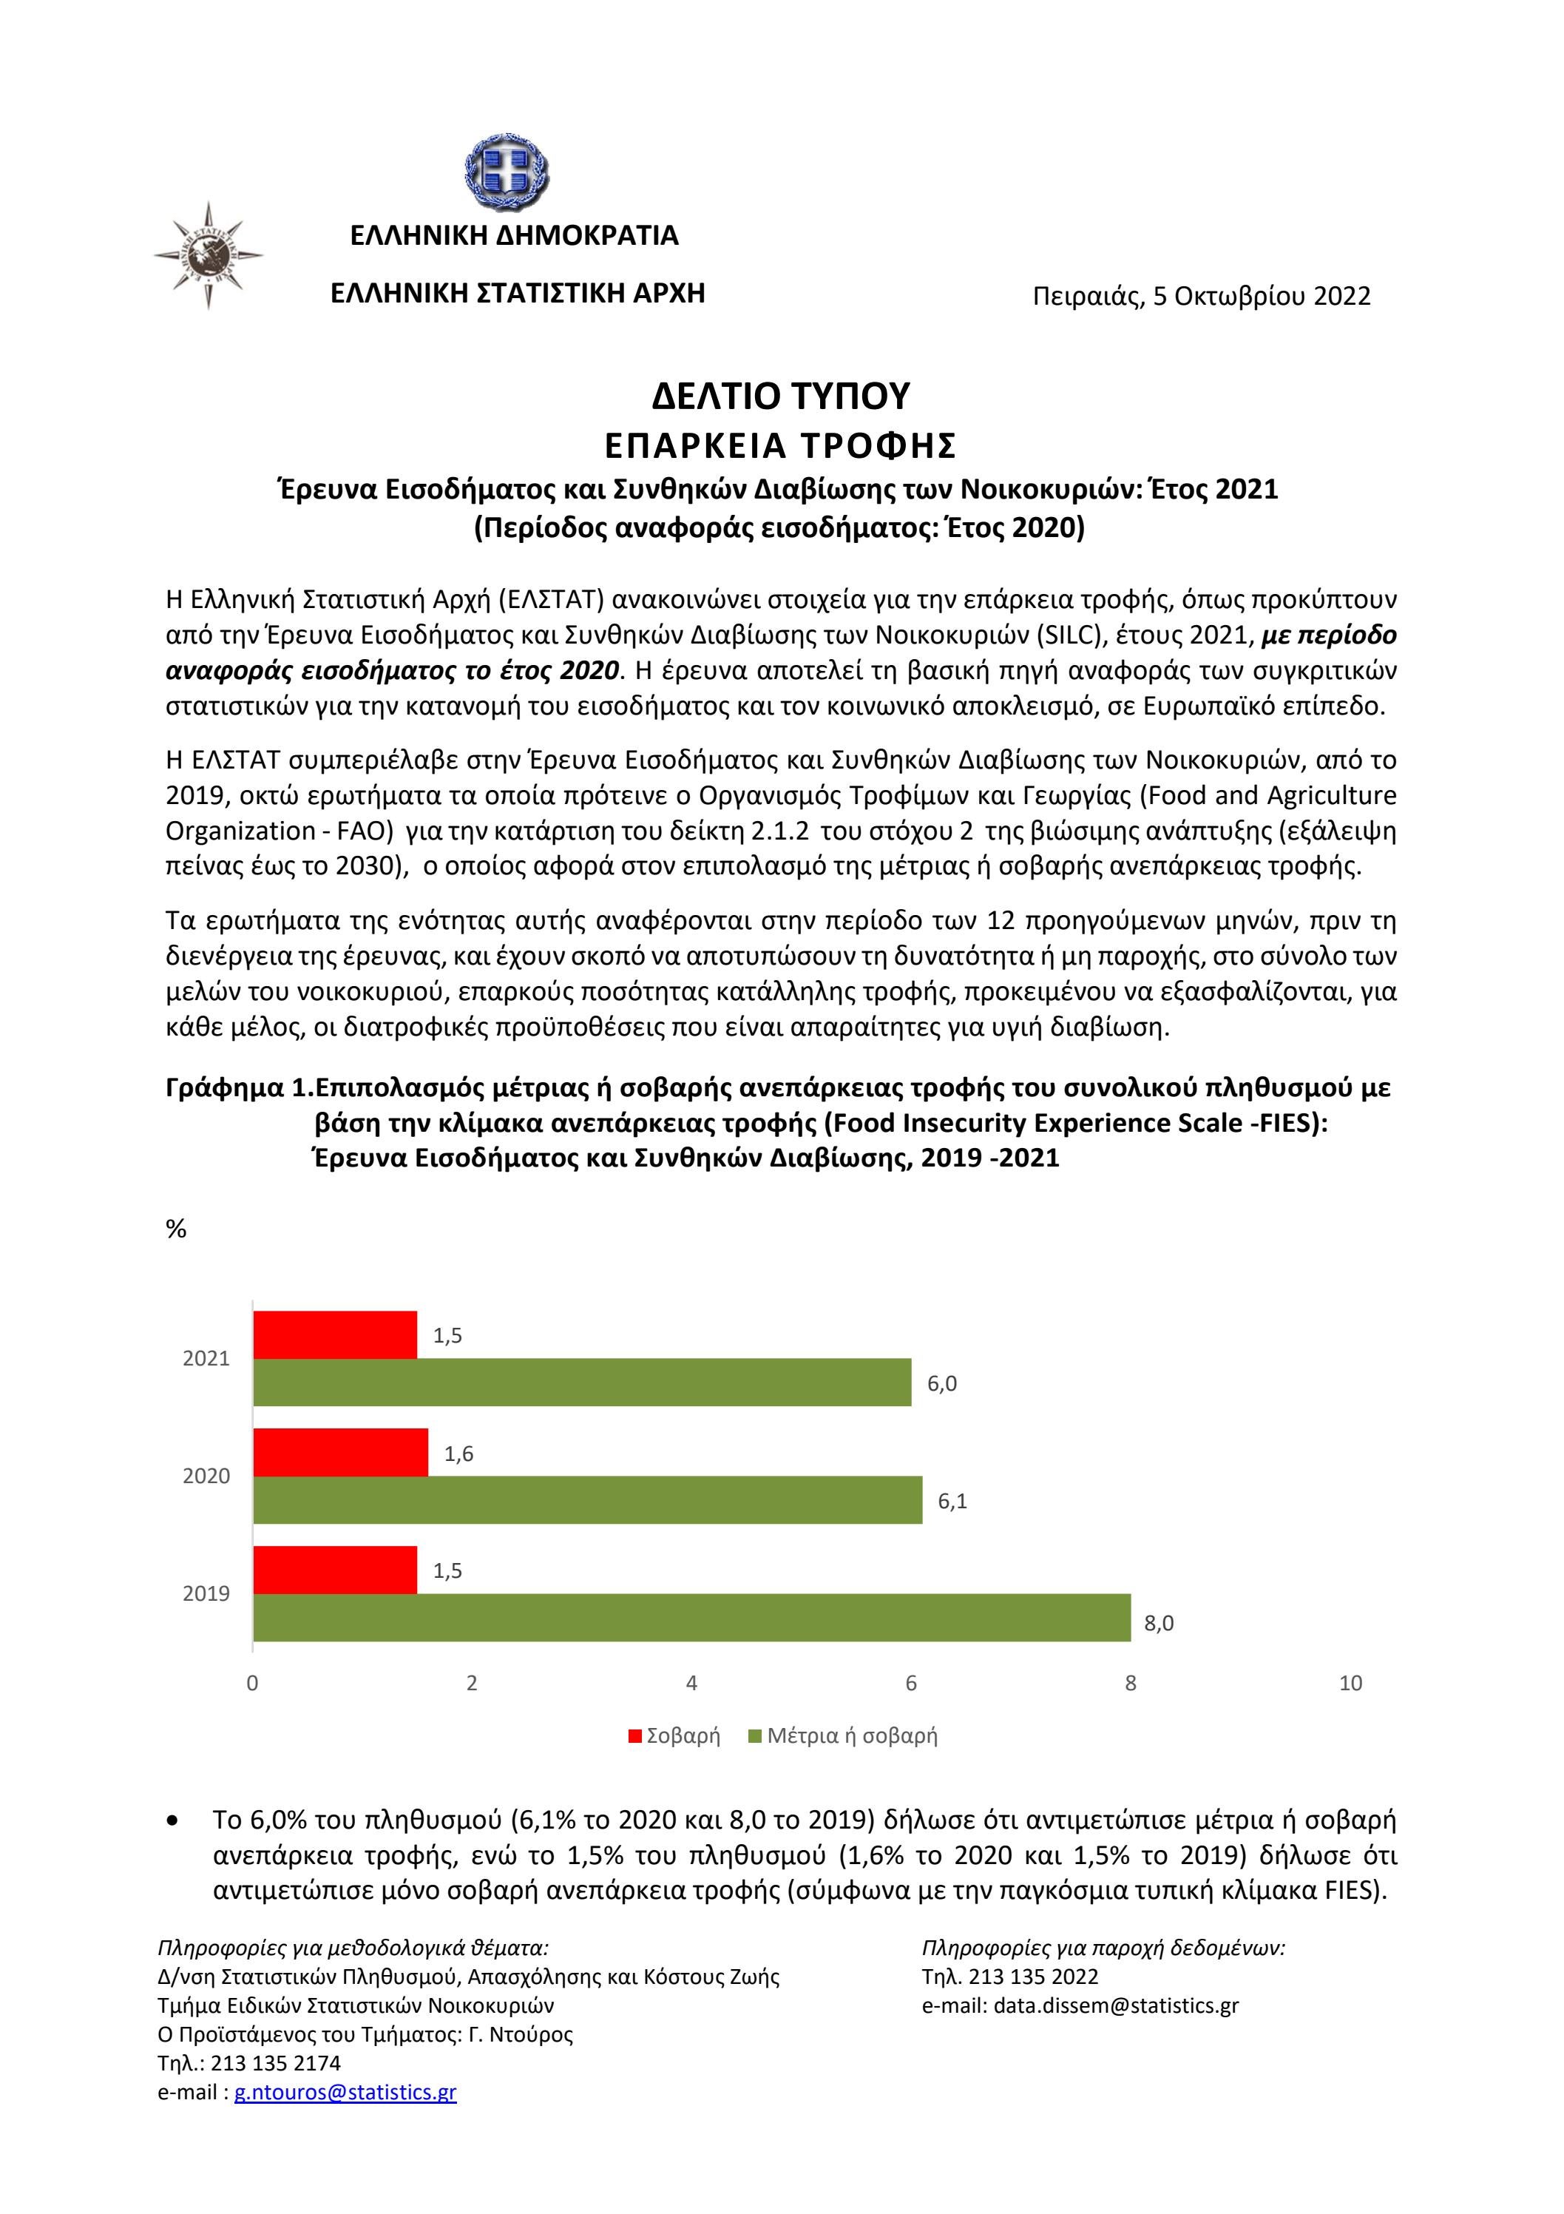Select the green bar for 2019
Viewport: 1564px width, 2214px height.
pos(691,1617)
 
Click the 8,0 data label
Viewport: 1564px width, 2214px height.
pos(1158,1623)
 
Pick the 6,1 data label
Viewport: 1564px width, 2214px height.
pos(952,1502)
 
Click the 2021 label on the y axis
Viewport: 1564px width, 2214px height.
pos(206,1359)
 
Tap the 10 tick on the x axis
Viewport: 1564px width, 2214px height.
pos(1350,1683)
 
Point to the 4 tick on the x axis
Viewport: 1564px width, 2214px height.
pos(691,1683)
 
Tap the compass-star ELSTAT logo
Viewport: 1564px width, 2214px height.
pos(209,254)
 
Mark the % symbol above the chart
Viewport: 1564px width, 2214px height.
pos(177,1229)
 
